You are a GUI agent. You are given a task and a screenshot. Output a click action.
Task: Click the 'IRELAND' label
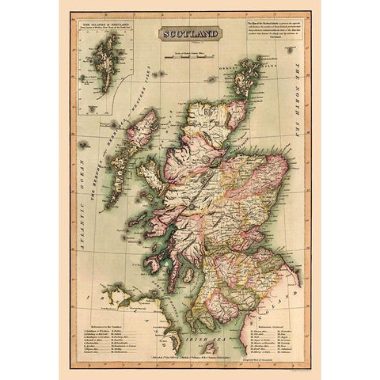[103, 294]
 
